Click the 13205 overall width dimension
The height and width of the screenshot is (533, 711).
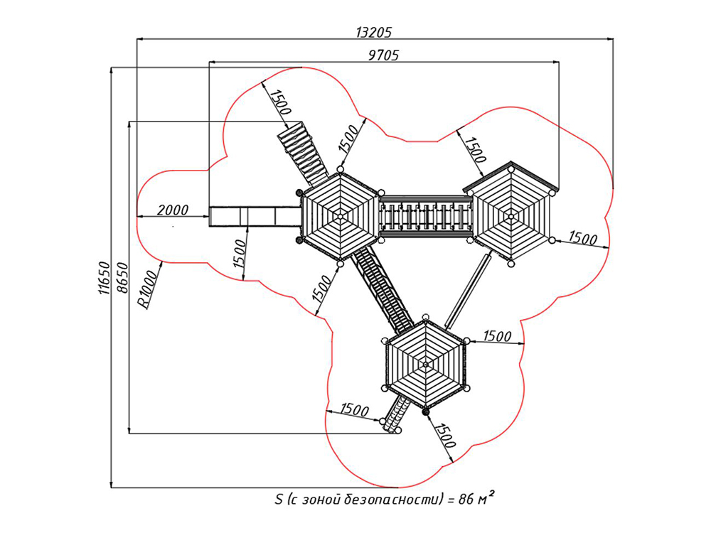[x=373, y=33]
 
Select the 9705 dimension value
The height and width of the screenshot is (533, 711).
[x=383, y=55]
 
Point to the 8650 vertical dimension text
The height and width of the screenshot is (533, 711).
[x=122, y=278]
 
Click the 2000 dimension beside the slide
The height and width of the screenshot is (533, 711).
[x=173, y=210]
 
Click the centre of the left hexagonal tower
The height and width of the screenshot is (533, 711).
[x=340, y=217]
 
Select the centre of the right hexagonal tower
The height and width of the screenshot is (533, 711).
[x=511, y=217]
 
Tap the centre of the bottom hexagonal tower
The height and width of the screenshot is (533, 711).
[x=425, y=363]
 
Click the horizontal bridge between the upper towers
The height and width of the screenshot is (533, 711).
[x=425, y=216]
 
